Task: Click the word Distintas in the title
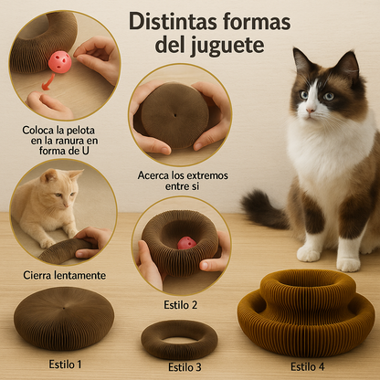(173, 22)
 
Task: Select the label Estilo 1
(65, 364)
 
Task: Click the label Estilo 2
(181, 305)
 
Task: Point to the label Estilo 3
(185, 367)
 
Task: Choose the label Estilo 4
(308, 366)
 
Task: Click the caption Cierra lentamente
(65, 275)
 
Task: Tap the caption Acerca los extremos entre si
(183, 181)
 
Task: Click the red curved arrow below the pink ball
(48, 82)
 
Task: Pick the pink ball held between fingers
(60, 62)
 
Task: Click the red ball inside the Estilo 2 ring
(187, 243)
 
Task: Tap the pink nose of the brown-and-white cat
(311, 110)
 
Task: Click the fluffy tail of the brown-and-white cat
(263, 209)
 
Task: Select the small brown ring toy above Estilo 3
(179, 340)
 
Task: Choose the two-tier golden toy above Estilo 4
(306, 313)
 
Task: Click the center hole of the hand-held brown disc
(175, 115)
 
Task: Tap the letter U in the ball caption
(86, 151)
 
